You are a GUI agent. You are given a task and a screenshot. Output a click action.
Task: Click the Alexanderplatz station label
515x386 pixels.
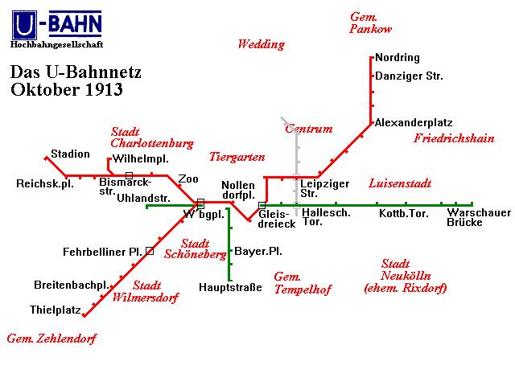[414, 123]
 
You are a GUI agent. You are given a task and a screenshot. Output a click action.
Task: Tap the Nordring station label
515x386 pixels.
[398, 58]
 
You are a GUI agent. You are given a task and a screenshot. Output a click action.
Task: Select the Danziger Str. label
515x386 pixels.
[409, 76]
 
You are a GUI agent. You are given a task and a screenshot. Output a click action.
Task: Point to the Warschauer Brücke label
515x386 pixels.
[479, 217]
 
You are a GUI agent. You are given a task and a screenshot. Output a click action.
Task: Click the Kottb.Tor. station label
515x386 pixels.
[404, 214]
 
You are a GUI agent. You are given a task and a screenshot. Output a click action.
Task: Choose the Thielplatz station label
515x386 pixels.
[56, 310]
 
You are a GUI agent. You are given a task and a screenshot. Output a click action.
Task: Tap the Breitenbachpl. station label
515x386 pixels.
[72, 285]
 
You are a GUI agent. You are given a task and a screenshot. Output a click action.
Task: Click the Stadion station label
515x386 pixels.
[70, 154]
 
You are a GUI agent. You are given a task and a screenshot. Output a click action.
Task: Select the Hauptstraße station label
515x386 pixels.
[230, 288]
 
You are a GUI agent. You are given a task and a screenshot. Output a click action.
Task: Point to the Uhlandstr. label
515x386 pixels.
[143, 199]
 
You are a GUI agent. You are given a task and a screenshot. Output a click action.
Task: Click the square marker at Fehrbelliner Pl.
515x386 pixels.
[150, 251]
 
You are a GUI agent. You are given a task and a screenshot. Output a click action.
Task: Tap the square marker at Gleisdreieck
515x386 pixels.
[262, 206]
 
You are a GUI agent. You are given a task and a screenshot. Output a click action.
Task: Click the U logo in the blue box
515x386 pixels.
[24, 25]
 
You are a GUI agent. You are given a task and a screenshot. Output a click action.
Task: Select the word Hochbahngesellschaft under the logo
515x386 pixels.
[57, 44]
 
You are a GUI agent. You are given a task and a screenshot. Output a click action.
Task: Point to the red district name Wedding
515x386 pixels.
[261, 44]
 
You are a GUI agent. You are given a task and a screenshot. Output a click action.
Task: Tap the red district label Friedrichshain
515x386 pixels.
[454, 138]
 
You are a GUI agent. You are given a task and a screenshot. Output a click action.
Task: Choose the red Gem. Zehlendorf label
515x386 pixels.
[51, 339]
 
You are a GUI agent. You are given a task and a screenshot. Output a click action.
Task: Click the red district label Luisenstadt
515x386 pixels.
[400, 183]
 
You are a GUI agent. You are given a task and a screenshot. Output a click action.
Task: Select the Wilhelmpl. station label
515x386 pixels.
[140, 159]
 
